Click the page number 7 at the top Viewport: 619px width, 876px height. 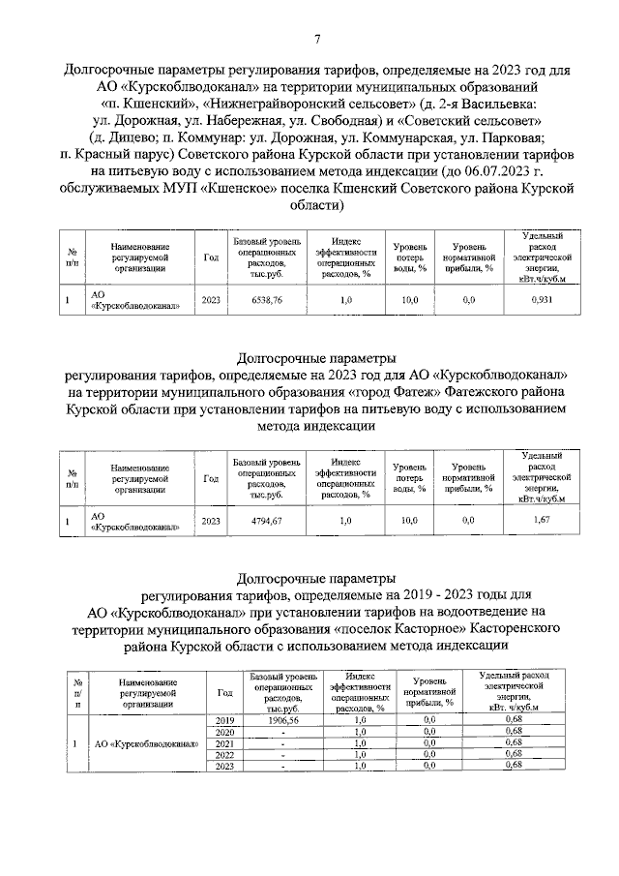tap(317, 38)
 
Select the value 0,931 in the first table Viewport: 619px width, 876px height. tap(542, 301)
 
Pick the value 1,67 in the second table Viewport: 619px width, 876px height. tap(542, 522)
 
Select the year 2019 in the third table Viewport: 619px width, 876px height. tap(224, 721)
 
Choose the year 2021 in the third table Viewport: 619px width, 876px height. tap(224, 743)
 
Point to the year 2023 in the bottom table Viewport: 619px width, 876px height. tap(224, 766)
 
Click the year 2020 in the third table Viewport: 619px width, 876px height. tap(224, 733)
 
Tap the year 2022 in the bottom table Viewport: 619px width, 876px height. tap(224, 755)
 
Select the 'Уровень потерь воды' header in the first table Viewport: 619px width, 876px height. tap(410, 257)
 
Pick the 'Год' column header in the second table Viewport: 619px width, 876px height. tap(211, 477)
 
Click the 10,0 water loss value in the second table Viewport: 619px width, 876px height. tap(410, 522)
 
